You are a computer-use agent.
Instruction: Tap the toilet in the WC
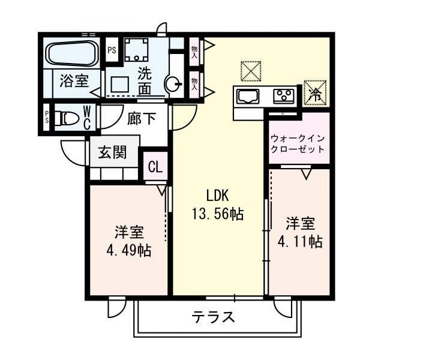67,118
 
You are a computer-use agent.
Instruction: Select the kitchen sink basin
248,97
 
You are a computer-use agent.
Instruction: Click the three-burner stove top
284,97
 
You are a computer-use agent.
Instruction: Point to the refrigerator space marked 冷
314,92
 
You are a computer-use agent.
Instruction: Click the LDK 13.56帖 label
218,205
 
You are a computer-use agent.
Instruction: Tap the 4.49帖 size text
129,250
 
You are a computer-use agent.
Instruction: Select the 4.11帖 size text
300,241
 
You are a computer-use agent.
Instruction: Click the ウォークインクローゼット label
298,144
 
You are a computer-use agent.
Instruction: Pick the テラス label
213,317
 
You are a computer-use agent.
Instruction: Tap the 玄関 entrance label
112,152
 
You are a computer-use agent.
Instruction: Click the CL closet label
155,167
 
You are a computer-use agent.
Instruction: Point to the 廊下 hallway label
142,118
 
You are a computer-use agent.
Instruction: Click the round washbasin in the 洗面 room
173,85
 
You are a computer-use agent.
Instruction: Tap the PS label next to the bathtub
112,50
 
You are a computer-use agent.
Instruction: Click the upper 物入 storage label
194,52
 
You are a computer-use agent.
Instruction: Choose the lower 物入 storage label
194,84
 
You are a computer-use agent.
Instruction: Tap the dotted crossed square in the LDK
251,71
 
